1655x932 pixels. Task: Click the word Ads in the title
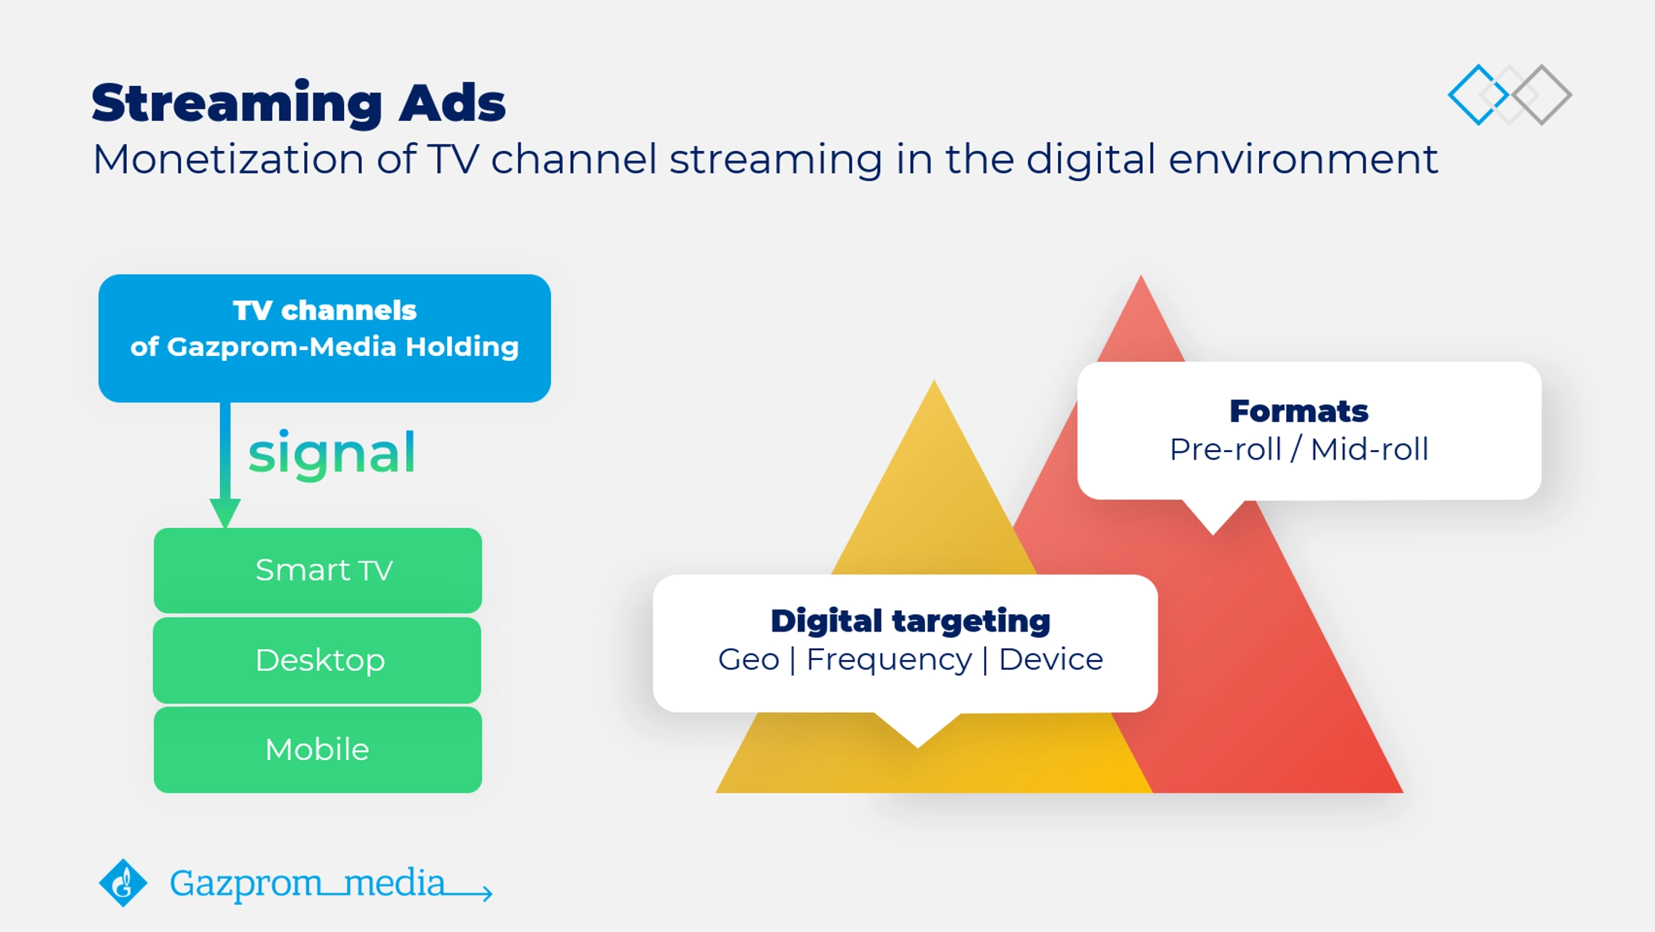point(452,102)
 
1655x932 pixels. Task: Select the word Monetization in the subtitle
point(228,159)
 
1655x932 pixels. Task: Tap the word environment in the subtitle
point(1303,159)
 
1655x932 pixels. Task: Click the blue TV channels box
point(324,338)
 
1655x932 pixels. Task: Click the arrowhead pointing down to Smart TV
point(225,513)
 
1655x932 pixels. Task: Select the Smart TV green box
point(318,570)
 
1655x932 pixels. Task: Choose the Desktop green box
point(317,661)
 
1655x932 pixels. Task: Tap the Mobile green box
point(318,750)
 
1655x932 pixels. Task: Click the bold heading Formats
point(1299,411)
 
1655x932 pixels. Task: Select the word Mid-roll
point(1369,449)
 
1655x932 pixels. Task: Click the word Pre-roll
point(1226,449)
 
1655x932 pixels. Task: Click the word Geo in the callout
point(749,659)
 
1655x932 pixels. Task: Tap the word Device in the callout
point(1051,659)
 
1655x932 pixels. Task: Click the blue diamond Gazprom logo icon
point(123,883)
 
